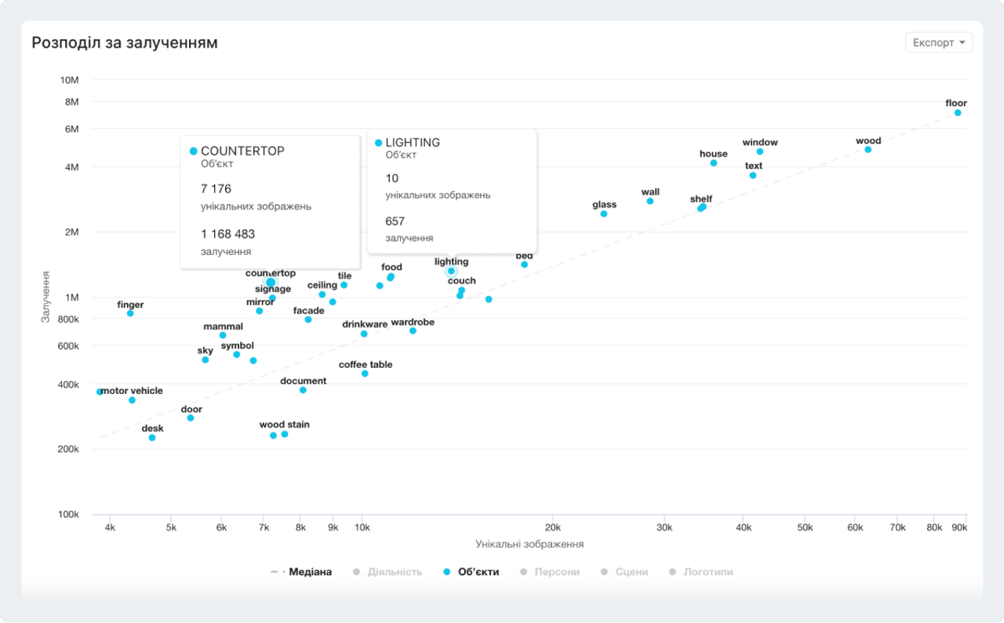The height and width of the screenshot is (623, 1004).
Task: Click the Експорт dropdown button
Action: point(938,42)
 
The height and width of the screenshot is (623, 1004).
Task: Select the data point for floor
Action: point(958,113)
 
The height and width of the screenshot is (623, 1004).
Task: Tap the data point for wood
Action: point(868,149)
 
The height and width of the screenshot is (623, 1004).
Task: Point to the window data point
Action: point(759,151)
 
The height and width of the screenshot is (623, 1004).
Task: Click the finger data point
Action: point(130,313)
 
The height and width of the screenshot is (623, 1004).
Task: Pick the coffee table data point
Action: point(365,373)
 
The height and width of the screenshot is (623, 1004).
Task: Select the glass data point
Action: point(604,213)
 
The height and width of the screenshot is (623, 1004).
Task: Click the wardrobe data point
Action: point(413,331)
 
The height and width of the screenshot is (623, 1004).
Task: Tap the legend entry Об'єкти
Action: point(471,572)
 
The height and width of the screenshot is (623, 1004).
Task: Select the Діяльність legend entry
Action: point(387,572)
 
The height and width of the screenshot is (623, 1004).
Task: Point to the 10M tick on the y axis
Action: point(70,80)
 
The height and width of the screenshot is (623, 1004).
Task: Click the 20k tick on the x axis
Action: point(552,528)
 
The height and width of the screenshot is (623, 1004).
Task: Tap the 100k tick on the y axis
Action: point(68,515)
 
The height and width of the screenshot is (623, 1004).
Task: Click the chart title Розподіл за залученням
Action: point(125,43)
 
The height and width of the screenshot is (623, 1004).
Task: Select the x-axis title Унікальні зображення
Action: point(529,544)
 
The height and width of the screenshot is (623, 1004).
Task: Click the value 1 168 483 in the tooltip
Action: point(227,234)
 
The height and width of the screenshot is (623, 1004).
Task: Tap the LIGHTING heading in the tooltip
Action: point(412,143)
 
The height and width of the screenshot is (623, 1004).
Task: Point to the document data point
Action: point(303,390)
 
